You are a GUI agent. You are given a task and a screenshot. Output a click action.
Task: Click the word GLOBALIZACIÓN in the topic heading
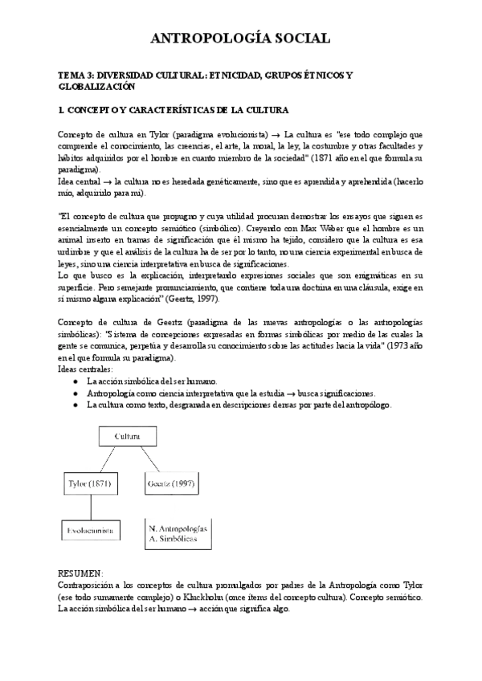(x=97, y=86)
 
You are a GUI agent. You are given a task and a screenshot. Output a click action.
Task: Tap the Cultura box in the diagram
(x=127, y=436)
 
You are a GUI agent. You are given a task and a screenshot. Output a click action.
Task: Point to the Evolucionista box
(x=90, y=531)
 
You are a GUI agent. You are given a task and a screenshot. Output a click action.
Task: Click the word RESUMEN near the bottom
(x=80, y=573)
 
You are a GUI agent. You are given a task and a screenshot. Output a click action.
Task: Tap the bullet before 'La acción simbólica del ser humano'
(x=76, y=380)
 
